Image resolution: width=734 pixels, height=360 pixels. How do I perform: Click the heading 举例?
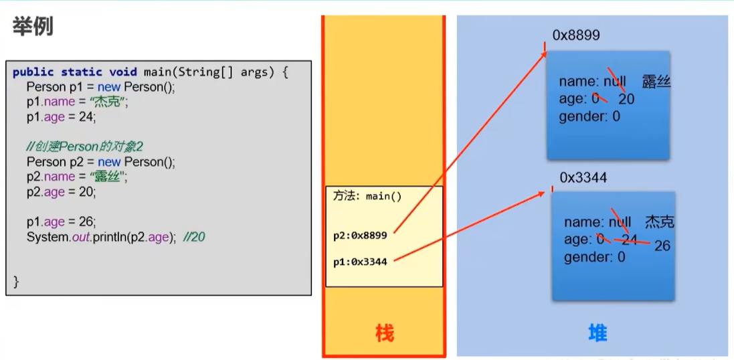[32, 27]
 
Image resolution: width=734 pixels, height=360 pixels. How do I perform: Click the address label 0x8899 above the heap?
[575, 35]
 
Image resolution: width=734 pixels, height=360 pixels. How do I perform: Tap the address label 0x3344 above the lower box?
[584, 177]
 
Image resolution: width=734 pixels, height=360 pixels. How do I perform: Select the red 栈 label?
[384, 333]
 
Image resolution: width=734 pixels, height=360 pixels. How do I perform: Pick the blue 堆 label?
[597, 333]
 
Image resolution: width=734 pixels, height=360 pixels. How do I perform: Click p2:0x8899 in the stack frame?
[360, 236]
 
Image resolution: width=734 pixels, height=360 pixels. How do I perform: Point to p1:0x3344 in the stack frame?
[360, 262]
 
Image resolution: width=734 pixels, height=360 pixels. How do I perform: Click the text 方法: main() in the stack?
[367, 197]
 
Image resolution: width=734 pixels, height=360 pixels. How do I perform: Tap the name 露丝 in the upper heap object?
[656, 82]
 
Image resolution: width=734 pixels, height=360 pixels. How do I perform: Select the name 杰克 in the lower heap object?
[659, 222]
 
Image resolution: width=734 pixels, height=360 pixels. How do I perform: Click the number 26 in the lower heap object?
[662, 246]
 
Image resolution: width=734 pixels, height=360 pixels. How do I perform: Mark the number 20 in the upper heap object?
[626, 100]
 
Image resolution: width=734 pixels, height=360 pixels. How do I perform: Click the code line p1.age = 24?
[62, 117]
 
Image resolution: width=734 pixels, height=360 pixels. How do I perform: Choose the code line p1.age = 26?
[62, 221]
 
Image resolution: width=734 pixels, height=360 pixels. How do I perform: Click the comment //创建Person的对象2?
[85, 146]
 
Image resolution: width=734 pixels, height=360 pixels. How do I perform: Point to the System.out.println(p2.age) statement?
[101, 237]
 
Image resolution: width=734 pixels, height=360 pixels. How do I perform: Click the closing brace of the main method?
[17, 281]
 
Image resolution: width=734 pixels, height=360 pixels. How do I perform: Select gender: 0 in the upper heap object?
[589, 116]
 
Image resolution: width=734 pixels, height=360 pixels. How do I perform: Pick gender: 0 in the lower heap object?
[594, 257]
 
